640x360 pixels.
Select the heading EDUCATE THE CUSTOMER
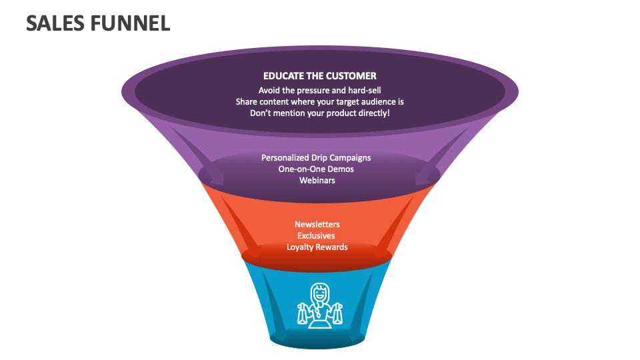coord(319,76)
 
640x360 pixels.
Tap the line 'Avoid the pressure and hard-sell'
coord(319,90)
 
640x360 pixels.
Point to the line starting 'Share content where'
coord(319,102)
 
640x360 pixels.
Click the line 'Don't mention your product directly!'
coord(319,113)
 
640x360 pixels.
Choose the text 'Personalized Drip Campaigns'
coord(316,158)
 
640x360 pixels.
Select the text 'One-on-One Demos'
coord(316,169)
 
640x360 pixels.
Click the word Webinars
coord(317,181)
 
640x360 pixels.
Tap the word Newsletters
coord(317,225)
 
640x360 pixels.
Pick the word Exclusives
coord(317,235)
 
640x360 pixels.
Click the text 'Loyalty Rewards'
coord(317,247)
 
